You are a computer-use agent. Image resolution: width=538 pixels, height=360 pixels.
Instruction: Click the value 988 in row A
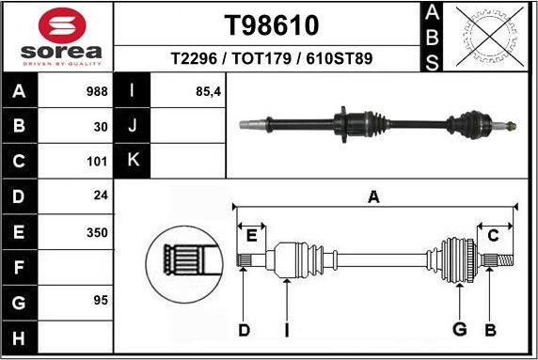[97, 92]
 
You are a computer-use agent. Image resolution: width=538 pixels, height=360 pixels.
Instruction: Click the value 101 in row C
[97, 161]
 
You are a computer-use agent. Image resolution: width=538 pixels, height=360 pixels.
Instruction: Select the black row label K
[132, 160]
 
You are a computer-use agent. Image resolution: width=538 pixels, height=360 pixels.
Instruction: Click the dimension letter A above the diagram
[373, 197]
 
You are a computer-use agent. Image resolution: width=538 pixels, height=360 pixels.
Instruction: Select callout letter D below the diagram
[244, 330]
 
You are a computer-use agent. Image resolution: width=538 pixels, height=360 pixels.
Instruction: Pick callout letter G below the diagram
[460, 330]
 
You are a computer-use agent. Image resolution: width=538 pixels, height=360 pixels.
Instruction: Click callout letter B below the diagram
[489, 330]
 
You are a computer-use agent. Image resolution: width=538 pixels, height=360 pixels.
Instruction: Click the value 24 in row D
[100, 196]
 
